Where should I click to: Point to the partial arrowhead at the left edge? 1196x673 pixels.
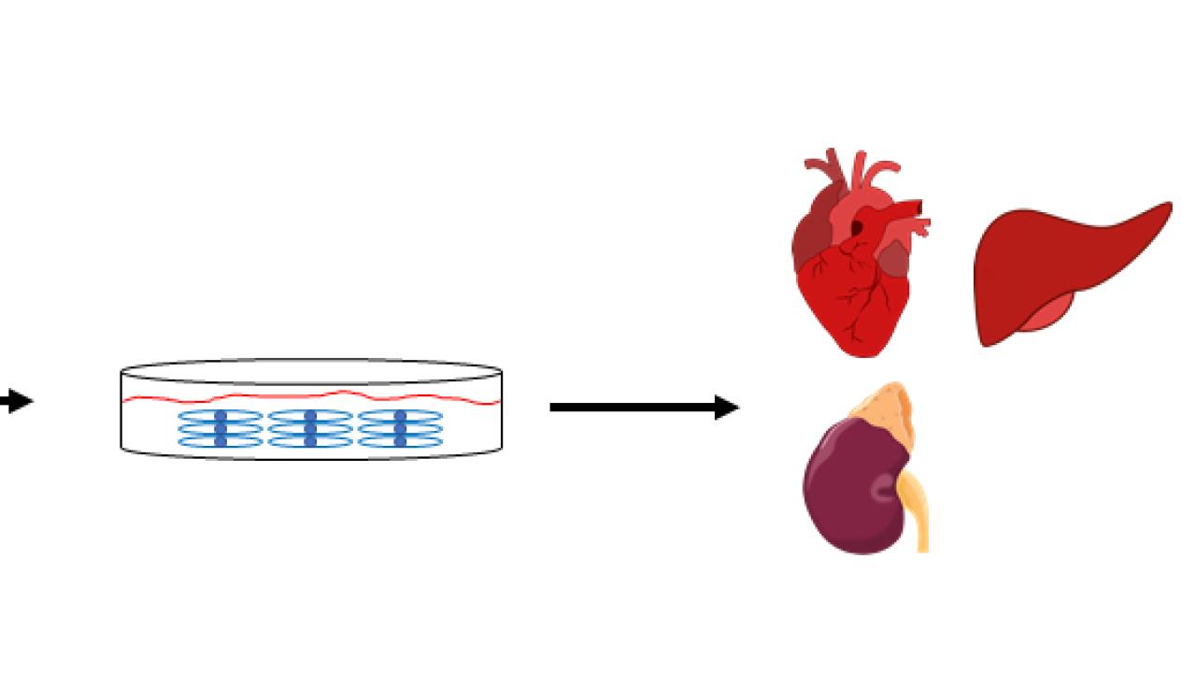[x=17, y=402]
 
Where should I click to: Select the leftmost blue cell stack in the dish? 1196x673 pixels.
[x=221, y=428]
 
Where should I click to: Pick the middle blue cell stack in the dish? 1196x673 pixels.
[x=310, y=428]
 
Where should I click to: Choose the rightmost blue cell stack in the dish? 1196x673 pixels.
[x=400, y=428]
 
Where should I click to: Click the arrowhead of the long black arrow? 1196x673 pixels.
[x=727, y=408]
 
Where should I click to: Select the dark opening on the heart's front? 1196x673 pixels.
[x=857, y=228]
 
